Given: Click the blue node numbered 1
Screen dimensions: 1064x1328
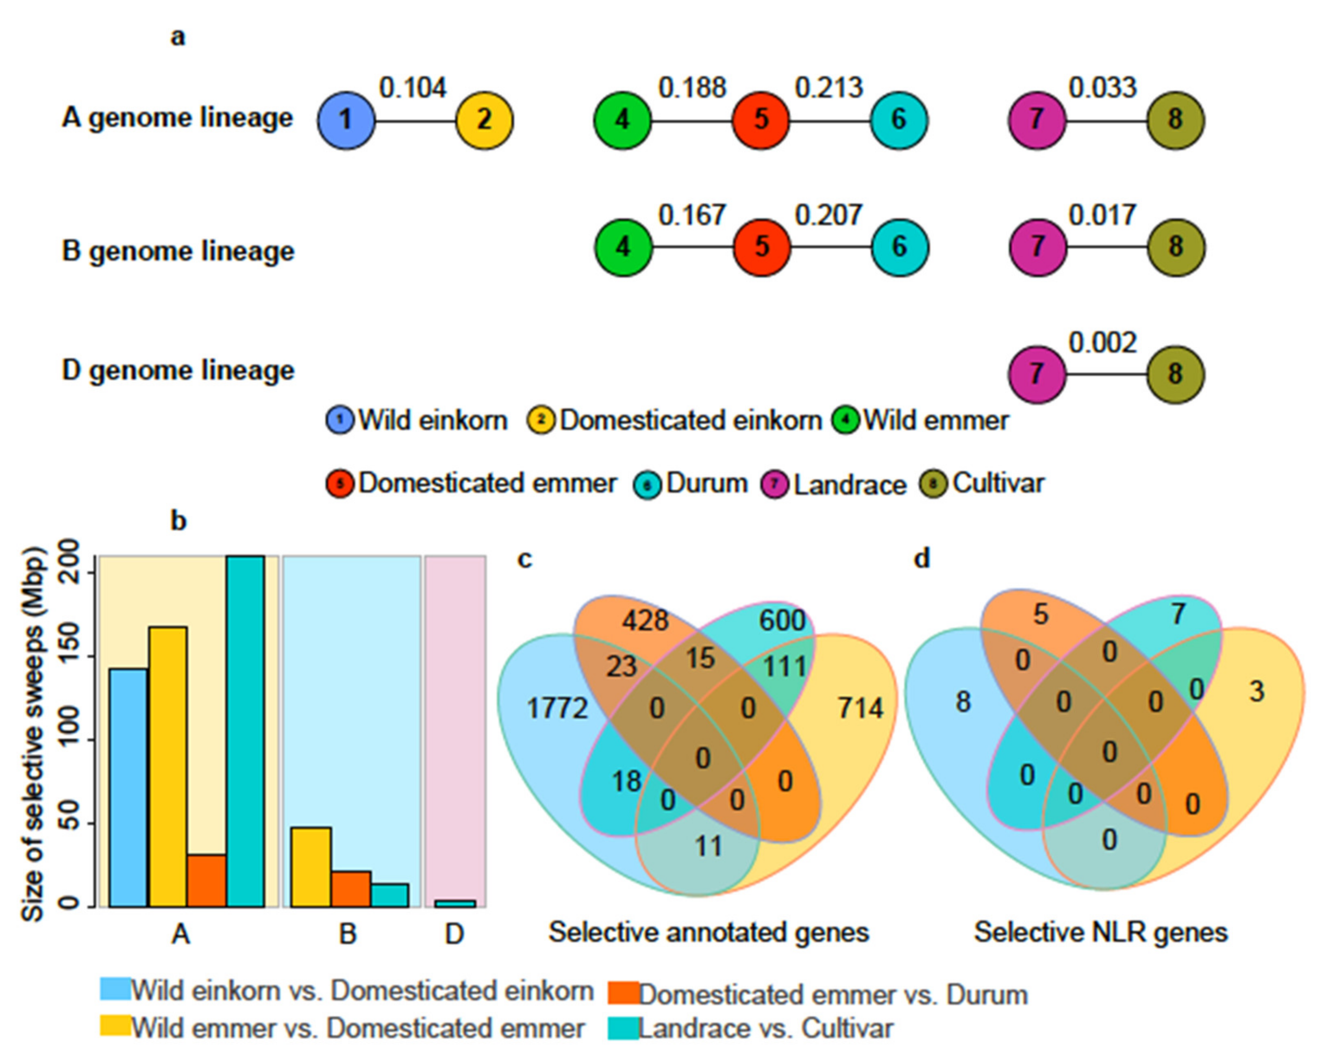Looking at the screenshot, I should [346, 120].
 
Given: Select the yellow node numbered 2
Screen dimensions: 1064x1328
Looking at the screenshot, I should [484, 120].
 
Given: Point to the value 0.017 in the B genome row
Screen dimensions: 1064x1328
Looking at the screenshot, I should [1102, 215].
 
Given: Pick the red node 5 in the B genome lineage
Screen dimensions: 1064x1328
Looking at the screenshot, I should [762, 248].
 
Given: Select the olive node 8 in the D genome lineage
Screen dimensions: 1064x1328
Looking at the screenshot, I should [1175, 374].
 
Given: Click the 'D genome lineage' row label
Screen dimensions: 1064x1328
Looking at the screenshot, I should [178, 371].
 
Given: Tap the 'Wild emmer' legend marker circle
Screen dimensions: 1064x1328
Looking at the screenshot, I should [846, 421].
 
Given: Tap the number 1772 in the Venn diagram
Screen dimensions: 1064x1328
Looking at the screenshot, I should [557, 709].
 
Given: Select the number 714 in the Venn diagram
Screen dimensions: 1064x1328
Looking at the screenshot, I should [860, 709].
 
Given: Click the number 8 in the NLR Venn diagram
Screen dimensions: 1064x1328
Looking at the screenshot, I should [963, 701].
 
